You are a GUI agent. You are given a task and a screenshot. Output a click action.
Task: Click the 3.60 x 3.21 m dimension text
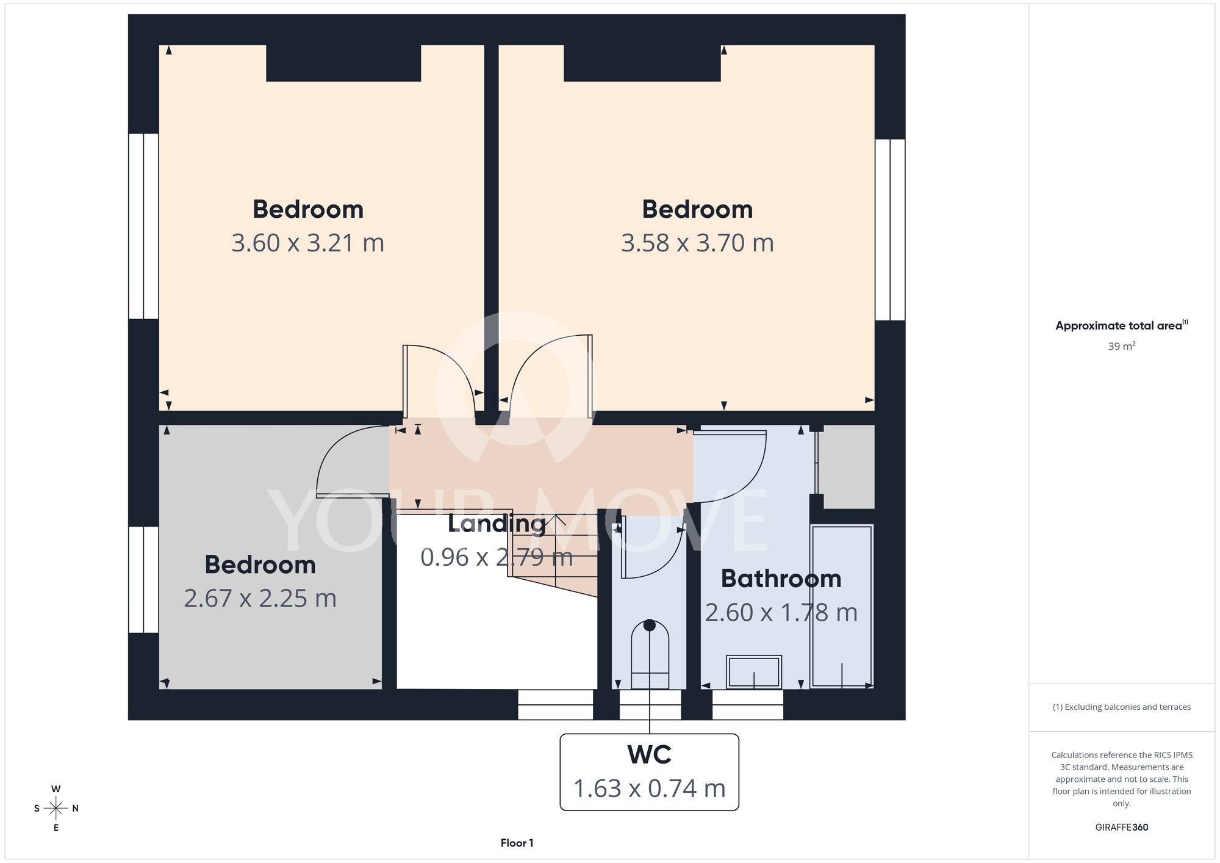pyautogui.click(x=307, y=243)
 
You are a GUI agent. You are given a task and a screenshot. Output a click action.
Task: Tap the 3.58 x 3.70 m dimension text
pyautogui.click(x=697, y=243)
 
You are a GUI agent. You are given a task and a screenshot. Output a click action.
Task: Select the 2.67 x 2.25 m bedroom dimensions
pyautogui.click(x=260, y=598)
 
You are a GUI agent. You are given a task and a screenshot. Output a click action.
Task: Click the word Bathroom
pyautogui.click(x=781, y=579)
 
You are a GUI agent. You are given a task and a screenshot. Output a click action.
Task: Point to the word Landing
pyautogui.click(x=497, y=524)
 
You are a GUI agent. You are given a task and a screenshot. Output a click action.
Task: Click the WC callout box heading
pyautogui.click(x=649, y=755)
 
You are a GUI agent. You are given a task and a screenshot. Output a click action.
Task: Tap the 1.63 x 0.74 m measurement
pyautogui.click(x=649, y=789)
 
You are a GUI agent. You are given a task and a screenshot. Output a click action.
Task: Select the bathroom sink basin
pyautogui.click(x=754, y=672)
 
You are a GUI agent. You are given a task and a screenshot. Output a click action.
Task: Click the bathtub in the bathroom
pyautogui.click(x=842, y=606)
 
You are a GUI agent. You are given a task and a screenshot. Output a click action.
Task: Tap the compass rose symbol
pyautogui.click(x=56, y=808)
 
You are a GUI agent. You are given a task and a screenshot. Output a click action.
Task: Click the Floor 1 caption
pyautogui.click(x=517, y=843)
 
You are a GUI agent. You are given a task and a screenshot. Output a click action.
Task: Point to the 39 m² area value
pyautogui.click(x=1122, y=346)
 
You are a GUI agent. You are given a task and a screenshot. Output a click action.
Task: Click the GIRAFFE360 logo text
pyautogui.click(x=1122, y=828)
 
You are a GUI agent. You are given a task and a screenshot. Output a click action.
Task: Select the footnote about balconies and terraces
pyautogui.click(x=1122, y=707)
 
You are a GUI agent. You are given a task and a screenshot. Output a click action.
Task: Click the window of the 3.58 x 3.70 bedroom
pyautogui.click(x=890, y=229)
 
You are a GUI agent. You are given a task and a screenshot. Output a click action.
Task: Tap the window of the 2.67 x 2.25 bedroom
pyautogui.click(x=143, y=579)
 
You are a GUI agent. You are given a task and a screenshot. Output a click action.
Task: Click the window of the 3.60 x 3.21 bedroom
pyautogui.click(x=143, y=226)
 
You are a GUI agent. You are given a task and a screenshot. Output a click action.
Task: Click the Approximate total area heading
pyautogui.click(x=1122, y=325)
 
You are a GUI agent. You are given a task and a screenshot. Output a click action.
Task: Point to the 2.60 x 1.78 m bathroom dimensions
pyautogui.click(x=781, y=612)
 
